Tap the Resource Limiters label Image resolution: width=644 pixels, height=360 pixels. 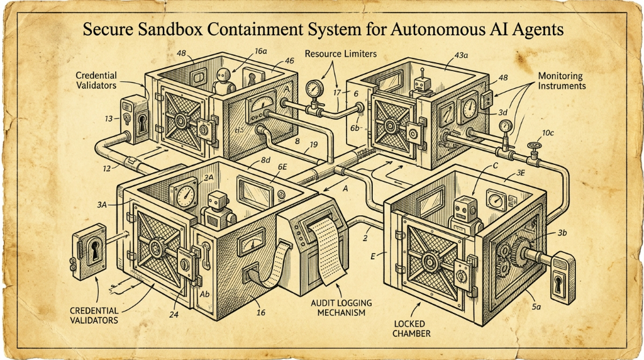(x=340, y=54)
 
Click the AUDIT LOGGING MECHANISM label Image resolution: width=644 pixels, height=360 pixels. (x=341, y=307)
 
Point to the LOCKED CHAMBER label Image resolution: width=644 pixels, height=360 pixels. (x=411, y=329)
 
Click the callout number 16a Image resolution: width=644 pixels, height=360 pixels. (x=261, y=51)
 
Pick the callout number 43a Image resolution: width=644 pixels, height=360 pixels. (x=461, y=55)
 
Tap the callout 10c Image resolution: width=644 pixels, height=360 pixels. (x=548, y=133)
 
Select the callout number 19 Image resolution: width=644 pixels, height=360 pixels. (x=313, y=145)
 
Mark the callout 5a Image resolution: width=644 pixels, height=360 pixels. (x=536, y=306)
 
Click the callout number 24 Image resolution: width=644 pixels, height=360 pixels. (x=174, y=315)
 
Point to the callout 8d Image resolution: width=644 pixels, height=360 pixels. (x=265, y=160)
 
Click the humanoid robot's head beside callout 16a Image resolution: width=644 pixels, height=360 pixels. (x=223, y=76)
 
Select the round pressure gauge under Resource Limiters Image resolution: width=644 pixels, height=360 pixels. (x=314, y=88)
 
